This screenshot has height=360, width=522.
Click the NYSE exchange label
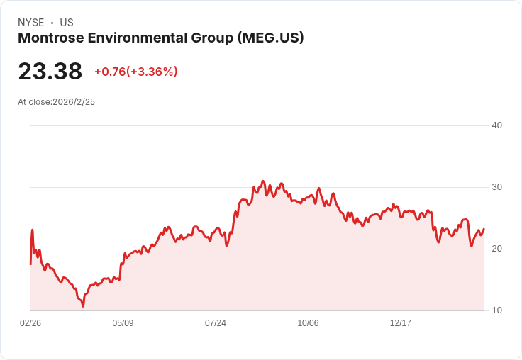click(x=31, y=23)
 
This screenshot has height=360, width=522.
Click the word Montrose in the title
click(x=45, y=38)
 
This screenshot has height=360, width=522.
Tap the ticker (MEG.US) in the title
click(x=270, y=38)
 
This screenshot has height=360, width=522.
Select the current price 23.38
click(x=50, y=71)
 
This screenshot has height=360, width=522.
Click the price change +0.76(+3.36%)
click(x=135, y=72)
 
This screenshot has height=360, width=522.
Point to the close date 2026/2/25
click(x=74, y=102)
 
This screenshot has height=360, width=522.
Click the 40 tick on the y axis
click(x=496, y=125)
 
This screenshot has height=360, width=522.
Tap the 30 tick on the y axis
click(x=496, y=187)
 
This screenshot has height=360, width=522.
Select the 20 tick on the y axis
click(x=496, y=249)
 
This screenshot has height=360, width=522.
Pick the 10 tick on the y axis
click(x=496, y=310)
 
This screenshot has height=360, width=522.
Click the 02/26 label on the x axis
click(x=30, y=323)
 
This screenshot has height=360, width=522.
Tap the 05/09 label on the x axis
click(x=123, y=323)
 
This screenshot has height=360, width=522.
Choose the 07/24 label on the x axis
click(x=216, y=323)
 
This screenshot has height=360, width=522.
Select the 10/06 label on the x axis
click(x=308, y=323)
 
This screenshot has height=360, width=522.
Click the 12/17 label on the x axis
click(x=401, y=323)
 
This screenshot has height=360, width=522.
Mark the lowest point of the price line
click(x=83, y=306)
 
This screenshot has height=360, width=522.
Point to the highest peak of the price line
click(x=263, y=181)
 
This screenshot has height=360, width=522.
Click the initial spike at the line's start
click(x=32, y=230)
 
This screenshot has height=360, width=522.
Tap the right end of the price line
click(x=484, y=229)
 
